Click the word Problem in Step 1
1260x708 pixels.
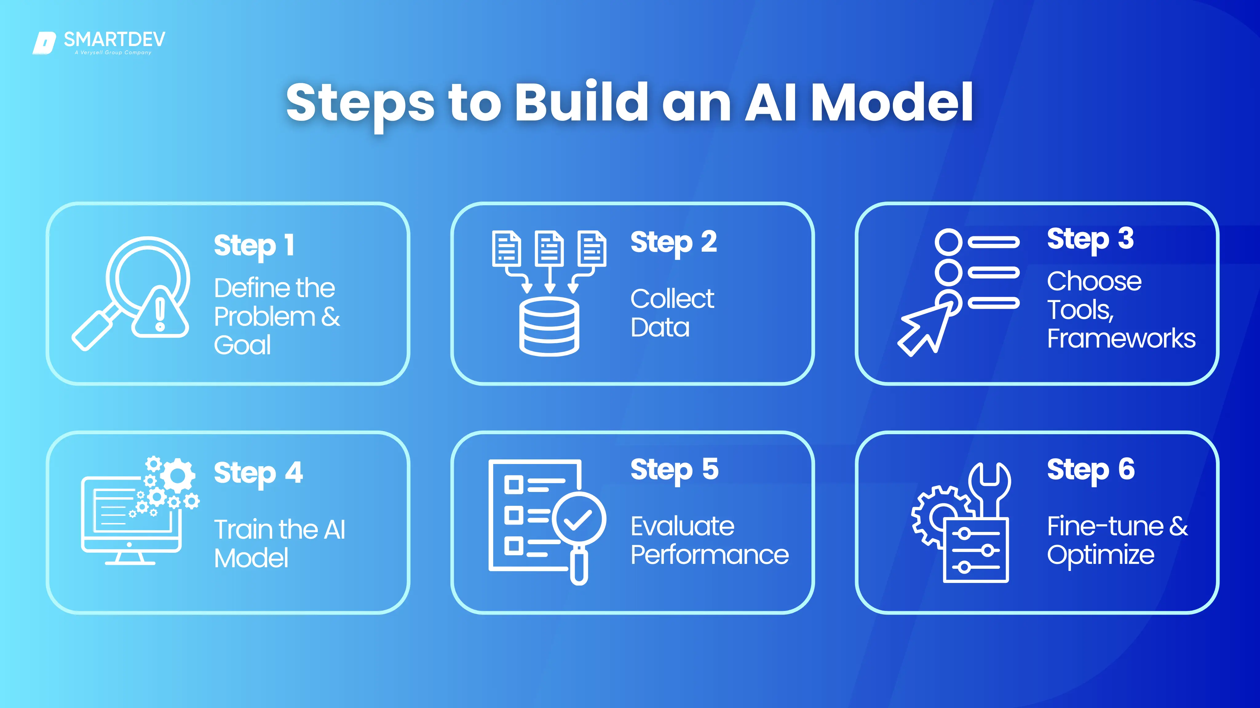click(x=265, y=317)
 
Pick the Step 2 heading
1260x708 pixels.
click(x=674, y=242)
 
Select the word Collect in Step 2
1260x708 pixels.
click(x=672, y=299)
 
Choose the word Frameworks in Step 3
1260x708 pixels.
click(x=1121, y=338)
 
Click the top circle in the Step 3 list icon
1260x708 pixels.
click(x=948, y=242)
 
